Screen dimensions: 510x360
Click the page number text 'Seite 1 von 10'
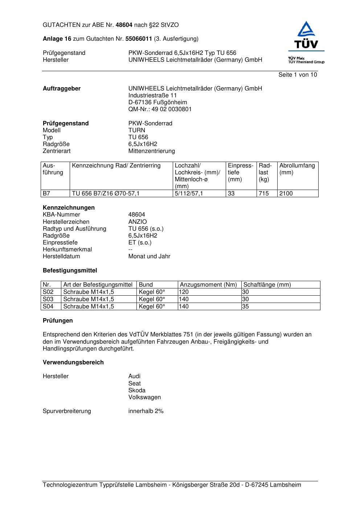(x=298, y=75)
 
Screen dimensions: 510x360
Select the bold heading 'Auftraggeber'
(x=62, y=89)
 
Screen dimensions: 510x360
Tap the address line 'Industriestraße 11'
(x=152, y=96)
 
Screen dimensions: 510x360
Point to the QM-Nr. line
(x=160, y=109)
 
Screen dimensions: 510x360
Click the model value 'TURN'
(x=136, y=130)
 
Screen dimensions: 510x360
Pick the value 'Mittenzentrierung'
(x=151, y=151)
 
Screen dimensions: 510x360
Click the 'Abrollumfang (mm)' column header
(x=297, y=169)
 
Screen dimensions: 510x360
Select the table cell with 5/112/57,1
(x=189, y=194)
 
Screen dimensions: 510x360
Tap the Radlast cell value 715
(x=263, y=194)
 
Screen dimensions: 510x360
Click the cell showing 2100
(x=286, y=194)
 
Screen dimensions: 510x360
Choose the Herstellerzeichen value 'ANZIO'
(x=138, y=222)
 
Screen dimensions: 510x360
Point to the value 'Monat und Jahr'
(x=149, y=256)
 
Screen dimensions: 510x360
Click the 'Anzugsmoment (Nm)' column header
(x=208, y=285)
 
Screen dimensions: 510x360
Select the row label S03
(x=48, y=299)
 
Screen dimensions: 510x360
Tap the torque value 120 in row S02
(x=184, y=292)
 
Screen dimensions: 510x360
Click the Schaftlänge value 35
(x=245, y=307)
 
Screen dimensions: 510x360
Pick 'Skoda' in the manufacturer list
(x=137, y=390)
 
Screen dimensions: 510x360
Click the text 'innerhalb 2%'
(x=146, y=411)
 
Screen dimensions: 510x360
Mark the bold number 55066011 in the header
(x=139, y=39)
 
